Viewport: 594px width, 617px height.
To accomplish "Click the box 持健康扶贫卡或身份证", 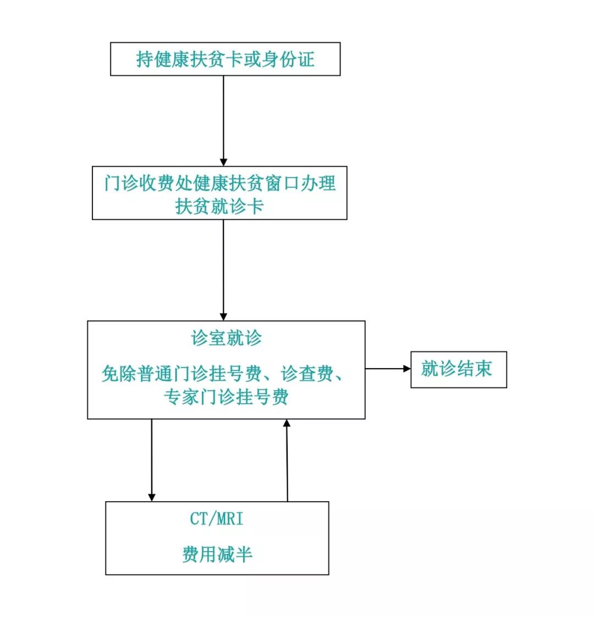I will [225, 59].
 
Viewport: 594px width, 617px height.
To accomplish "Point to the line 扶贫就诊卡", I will [219, 207].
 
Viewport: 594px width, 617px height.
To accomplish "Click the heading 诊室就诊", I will [226, 338].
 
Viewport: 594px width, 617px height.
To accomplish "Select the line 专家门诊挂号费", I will [226, 397].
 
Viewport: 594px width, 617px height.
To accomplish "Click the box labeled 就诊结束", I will [458, 369].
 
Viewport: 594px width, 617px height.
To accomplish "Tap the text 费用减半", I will [217, 554].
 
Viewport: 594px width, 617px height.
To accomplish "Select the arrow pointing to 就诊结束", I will [387, 369].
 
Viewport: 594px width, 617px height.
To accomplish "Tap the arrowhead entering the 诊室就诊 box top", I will [223, 316].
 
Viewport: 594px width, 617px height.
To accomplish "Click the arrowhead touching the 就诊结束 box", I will [407, 369].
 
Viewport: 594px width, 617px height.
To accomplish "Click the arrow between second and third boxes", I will [223, 269].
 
